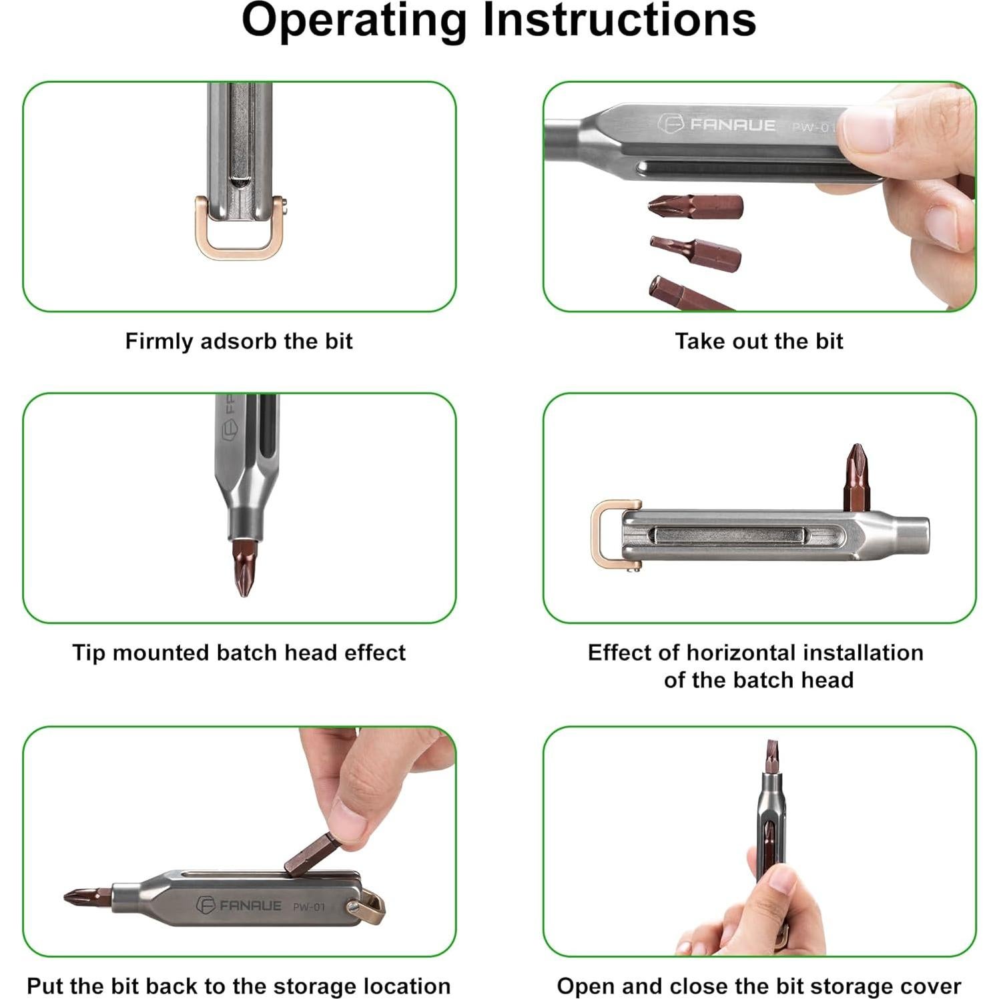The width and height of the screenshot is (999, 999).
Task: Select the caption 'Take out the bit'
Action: tap(759, 341)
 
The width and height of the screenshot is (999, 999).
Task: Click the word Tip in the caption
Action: tap(89, 653)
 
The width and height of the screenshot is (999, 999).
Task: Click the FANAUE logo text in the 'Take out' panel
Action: tap(732, 125)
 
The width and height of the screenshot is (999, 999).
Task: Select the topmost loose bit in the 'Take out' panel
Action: tap(695, 207)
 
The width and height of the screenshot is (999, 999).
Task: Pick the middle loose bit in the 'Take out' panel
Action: tap(695, 254)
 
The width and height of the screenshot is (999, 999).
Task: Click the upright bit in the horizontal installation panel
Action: tap(856, 478)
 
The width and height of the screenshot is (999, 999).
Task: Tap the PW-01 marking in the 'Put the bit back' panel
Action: tap(309, 907)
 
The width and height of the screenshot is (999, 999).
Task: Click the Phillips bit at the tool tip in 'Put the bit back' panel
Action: tap(88, 897)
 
